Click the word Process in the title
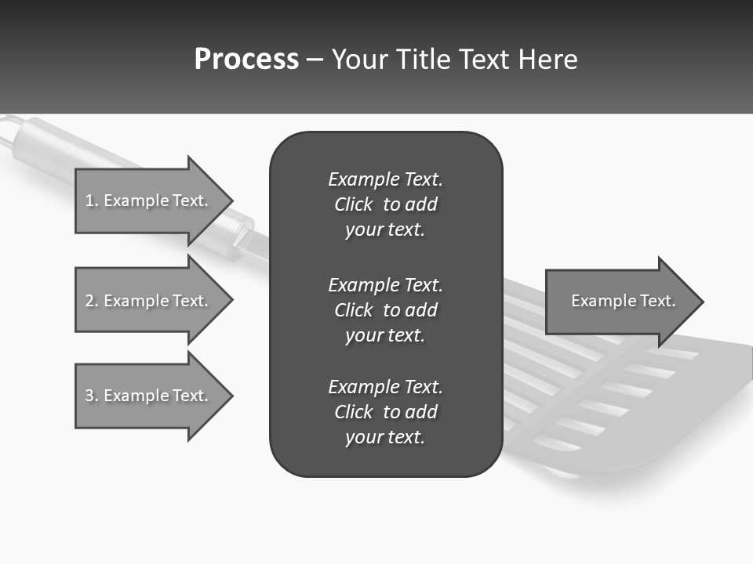pos(246,59)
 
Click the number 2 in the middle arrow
pos(89,301)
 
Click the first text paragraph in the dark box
pos(385,204)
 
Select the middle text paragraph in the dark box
pos(385,309)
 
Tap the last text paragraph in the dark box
pos(385,412)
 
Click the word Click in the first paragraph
pos(353,204)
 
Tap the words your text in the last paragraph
pos(385,438)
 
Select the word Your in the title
pos(362,60)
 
